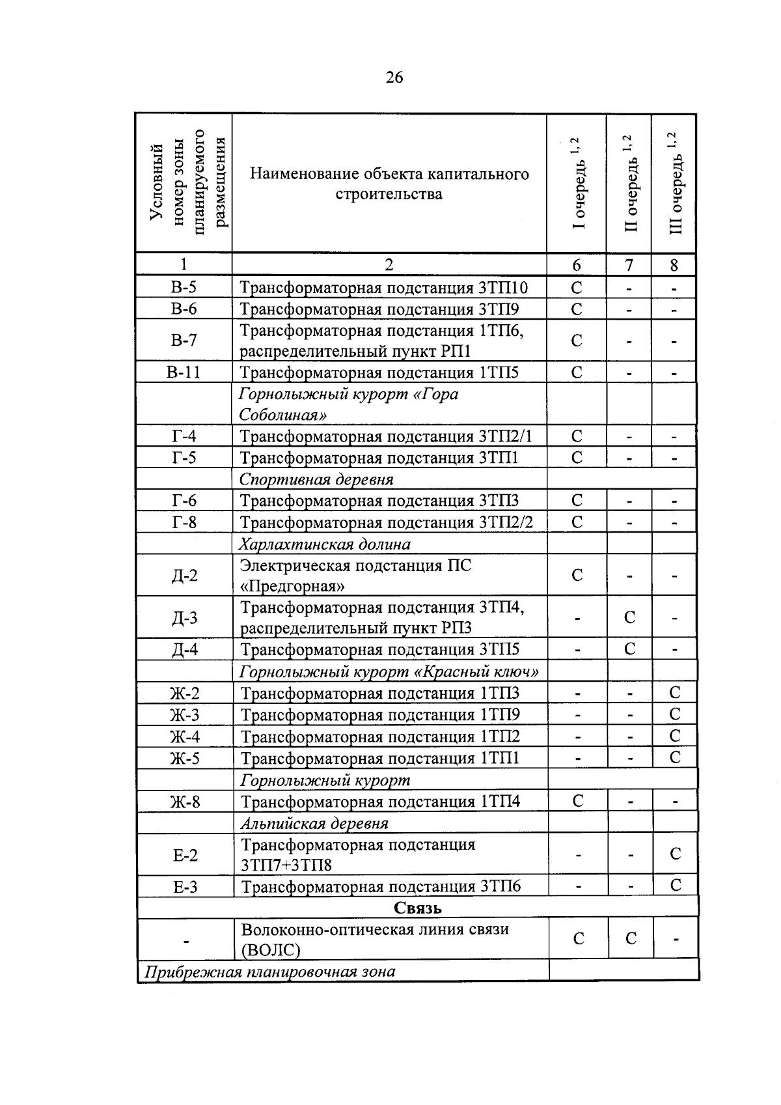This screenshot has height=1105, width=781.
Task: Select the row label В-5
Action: tap(184, 288)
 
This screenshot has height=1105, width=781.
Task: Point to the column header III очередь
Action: tap(675, 184)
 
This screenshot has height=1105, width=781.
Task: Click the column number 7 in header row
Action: tap(629, 264)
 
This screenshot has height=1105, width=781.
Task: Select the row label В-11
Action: tap(184, 372)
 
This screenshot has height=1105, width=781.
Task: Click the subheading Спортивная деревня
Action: tap(316, 480)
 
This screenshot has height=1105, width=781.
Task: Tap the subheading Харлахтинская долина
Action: tap(325, 544)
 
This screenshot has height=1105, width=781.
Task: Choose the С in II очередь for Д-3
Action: tap(629, 617)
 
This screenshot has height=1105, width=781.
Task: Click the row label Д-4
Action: tap(184, 650)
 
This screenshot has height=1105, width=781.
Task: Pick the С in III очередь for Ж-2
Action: tap(675, 693)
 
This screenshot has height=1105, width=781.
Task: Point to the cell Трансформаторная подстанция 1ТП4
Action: tap(381, 802)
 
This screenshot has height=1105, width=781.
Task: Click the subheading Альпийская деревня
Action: tap(315, 824)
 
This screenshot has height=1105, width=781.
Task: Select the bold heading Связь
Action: tap(417, 908)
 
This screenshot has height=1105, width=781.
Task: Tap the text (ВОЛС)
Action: tap(271, 951)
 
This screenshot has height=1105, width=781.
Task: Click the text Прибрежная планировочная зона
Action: tap(269, 972)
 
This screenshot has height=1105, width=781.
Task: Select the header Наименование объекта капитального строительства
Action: tap(389, 184)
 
